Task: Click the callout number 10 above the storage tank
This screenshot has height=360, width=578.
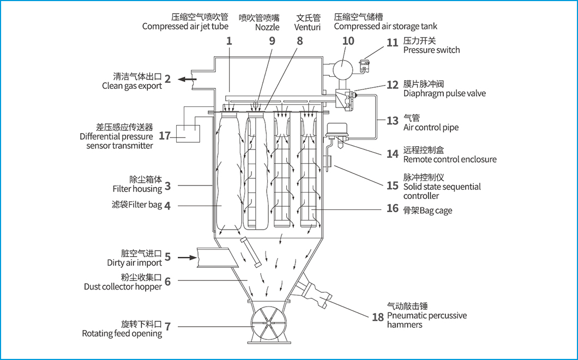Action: tap(348, 41)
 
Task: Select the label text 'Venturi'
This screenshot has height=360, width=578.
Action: tap(308, 27)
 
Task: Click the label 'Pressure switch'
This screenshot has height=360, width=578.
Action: tap(431, 50)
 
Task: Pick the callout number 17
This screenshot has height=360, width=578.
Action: tap(165, 136)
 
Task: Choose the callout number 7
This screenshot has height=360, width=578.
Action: tap(167, 327)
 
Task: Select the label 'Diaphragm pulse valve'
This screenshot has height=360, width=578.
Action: tap(444, 93)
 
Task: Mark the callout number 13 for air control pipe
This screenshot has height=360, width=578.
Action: tap(393, 121)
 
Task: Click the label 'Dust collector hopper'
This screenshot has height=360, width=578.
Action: tap(123, 286)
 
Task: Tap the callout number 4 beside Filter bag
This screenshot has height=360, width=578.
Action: tap(167, 206)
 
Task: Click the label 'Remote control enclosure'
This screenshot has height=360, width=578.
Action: tap(450, 159)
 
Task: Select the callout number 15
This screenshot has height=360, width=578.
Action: tap(393, 185)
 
